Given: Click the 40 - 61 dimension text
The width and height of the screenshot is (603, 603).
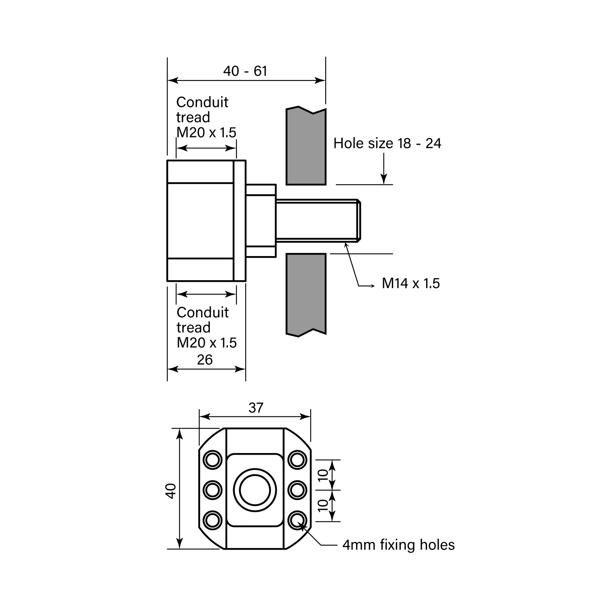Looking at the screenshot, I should [245, 71].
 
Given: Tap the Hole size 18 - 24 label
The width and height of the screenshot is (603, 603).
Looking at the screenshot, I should [387, 144].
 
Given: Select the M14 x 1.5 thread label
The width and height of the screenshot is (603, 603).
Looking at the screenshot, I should [410, 283].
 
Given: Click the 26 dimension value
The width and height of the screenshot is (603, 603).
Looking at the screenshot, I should [205, 360].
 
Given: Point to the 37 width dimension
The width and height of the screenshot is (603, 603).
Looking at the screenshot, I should [256, 408].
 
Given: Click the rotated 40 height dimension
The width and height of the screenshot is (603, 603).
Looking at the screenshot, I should [171, 491].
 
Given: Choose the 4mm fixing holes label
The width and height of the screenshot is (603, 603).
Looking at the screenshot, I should [398, 545].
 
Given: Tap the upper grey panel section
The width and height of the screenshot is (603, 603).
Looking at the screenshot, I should [306, 147].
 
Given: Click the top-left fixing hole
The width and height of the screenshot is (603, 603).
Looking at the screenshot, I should [213, 459].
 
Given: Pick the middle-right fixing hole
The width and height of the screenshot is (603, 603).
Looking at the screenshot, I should [297, 490].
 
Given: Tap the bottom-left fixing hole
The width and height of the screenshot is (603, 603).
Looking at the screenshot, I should [213, 521].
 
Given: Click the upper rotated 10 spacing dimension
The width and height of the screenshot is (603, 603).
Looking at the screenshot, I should [323, 474].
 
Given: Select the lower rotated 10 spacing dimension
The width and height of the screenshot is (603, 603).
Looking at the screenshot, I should [323, 505].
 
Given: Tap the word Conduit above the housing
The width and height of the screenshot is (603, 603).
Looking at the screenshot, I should [202, 103].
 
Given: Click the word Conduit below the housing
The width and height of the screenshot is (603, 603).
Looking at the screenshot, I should [203, 313].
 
